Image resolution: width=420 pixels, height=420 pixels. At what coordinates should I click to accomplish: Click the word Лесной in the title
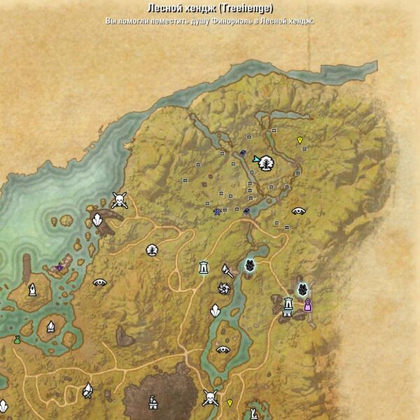(x=162, y=8)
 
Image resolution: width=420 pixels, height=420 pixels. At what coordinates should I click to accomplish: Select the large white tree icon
(x=267, y=163)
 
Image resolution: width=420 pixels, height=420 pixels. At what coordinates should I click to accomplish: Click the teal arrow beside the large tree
(x=257, y=159)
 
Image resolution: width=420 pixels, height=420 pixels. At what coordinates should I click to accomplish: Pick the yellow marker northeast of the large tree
(x=300, y=140)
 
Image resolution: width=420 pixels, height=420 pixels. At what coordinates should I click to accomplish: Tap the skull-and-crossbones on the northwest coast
(x=120, y=201)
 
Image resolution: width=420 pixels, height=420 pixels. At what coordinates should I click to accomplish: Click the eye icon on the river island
(x=223, y=349)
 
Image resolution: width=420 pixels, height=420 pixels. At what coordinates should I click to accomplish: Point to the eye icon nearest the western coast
(x=100, y=283)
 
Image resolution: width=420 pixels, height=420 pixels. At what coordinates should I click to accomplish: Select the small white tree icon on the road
(x=152, y=249)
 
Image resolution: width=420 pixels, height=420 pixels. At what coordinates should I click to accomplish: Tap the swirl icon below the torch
(x=224, y=288)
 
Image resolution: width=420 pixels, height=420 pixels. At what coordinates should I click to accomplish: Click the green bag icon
(x=17, y=339)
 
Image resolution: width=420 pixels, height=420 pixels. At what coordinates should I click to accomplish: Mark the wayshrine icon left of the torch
(x=204, y=267)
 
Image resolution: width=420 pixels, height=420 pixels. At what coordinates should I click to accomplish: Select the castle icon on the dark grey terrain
(x=153, y=402)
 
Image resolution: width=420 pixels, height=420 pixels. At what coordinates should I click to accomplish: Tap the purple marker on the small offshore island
(x=60, y=266)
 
